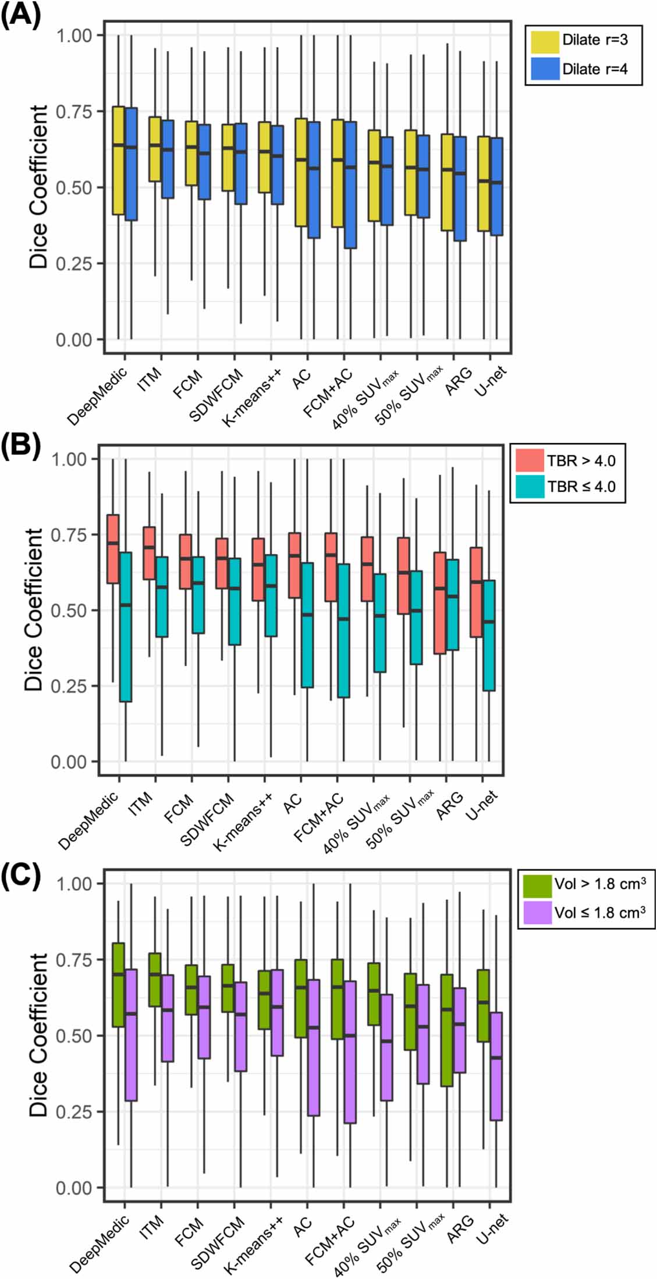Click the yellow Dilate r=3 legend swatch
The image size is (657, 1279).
pos(545,41)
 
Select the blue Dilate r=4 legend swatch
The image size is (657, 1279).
pos(545,69)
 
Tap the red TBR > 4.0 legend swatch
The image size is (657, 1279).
pos(530,460)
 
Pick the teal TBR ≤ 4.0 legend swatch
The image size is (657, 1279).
pos(530,486)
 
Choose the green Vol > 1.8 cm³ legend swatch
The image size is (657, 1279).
pos(537,884)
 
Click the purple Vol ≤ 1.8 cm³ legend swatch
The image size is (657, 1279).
pos(537,912)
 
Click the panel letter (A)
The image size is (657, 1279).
pos(21,15)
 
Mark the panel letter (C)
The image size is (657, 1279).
pos(21,875)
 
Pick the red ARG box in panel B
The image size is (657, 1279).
pos(440,603)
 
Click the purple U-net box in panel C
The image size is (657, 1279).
pos(496,1066)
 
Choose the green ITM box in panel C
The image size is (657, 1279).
pos(155,979)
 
